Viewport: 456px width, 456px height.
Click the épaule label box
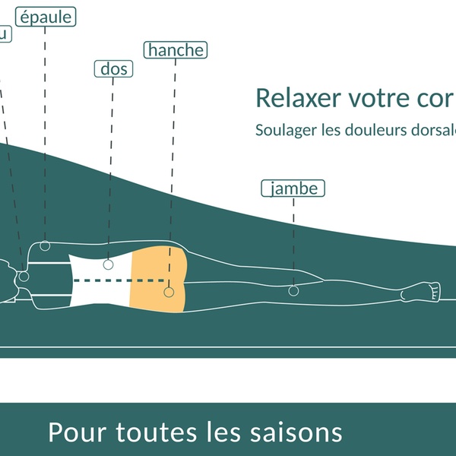[46, 17]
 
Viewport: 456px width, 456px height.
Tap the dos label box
[113, 69]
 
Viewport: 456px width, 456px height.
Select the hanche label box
[176, 50]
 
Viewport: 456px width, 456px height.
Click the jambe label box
[293, 188]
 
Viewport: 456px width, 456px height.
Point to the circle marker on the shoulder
[46, 245]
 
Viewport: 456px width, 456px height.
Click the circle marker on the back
[109, 264]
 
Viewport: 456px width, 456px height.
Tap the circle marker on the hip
[168, 290]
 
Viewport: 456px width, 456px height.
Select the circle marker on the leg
[293, 290]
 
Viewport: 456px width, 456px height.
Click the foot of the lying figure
[426, 291]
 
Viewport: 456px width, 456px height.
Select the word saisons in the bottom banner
[296, 432]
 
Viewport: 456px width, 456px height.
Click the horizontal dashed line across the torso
[122, 280]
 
